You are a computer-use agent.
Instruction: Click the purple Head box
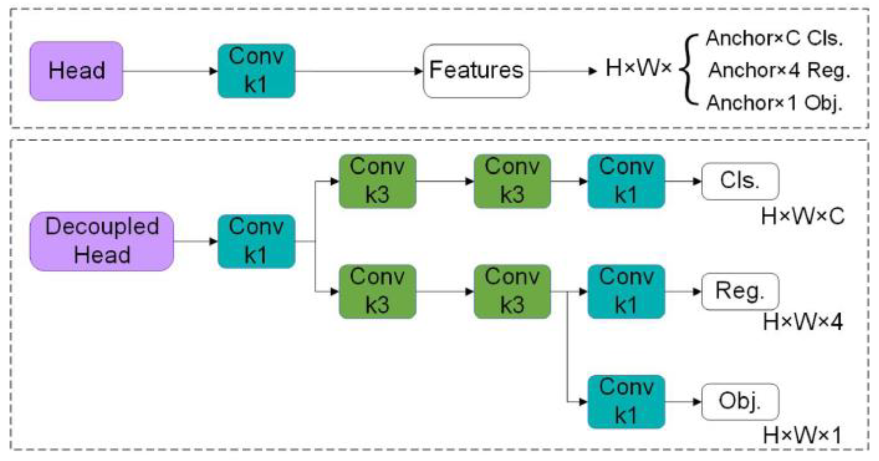click(76, 71)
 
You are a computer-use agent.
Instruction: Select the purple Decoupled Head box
click(102, 241)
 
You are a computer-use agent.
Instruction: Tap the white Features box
click(476, 71)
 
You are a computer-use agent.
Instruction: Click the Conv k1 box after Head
click(256, 71)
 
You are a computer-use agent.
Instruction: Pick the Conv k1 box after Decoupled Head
click(256, 241)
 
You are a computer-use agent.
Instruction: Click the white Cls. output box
click(740, 181)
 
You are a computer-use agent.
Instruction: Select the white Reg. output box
click(740, 291)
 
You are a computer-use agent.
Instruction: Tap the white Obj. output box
click(740, 401)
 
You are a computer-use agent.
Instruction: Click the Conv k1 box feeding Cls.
click(626, 181)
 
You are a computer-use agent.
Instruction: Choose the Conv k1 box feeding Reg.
click(626, 291)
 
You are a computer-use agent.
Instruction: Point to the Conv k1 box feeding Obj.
click(626, 401)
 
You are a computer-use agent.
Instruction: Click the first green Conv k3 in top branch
click(377, 181)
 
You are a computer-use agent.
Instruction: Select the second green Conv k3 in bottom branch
click(512, 291)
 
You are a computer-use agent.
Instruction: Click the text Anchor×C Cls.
click(774, 39)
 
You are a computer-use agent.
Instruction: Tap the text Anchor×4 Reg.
click(779, 70)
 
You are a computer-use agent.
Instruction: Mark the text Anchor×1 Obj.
click(774, 103)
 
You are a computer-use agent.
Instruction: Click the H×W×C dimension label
click(802, 217)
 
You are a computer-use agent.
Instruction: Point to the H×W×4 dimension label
click(802, 322)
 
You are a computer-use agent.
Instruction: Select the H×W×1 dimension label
click(802, 435)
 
